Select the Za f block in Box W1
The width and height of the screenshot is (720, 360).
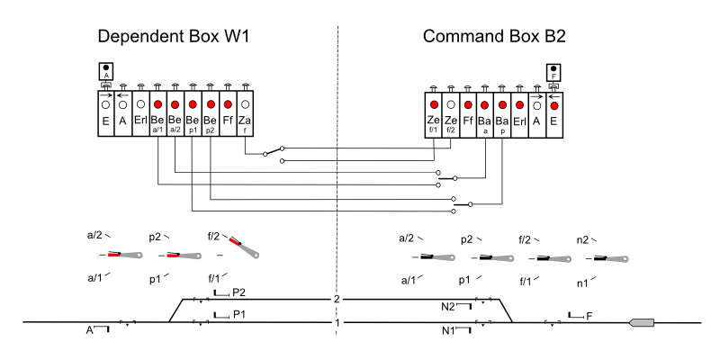pyautogui.click(x=245, y=114)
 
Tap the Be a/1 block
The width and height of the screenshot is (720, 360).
pyautogui.click(x=157, y=114)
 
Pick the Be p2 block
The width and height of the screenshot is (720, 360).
pyautogui.click(x=210, y=114)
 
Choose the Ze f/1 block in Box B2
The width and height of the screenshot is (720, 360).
pyautogui.click(x=434, y=114)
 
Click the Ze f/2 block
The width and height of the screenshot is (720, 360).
pyautogui.click(x=451, y=114)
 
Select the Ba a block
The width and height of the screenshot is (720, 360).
pyautogui.click(x=485, y=114)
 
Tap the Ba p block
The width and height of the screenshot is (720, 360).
pyautogui.click(x=502, y=114)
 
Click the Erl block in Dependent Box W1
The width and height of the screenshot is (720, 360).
pyautogui.click(x=140, y=114)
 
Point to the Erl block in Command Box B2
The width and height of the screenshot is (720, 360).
pyautogui.click(x=519, y=114)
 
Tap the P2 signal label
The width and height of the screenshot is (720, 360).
pyautogui.click(x=238, y=293)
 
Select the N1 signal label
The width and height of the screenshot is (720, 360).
pyautogui.click(x=448, y=331)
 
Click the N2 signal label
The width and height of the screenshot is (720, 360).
pyautogui.click(x=448, y=307)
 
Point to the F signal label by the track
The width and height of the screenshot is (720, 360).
pyautogui.click(x=589, y=316)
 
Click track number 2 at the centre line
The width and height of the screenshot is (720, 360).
pyautogui.click(x=337, y=299)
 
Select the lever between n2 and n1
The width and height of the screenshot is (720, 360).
pyautogui.click(x=607, y=258)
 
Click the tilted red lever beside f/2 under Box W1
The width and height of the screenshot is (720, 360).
pyautogui.click(x=245, y=246)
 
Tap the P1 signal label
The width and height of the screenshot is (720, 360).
pyautogui.click(x=238, y=314)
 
